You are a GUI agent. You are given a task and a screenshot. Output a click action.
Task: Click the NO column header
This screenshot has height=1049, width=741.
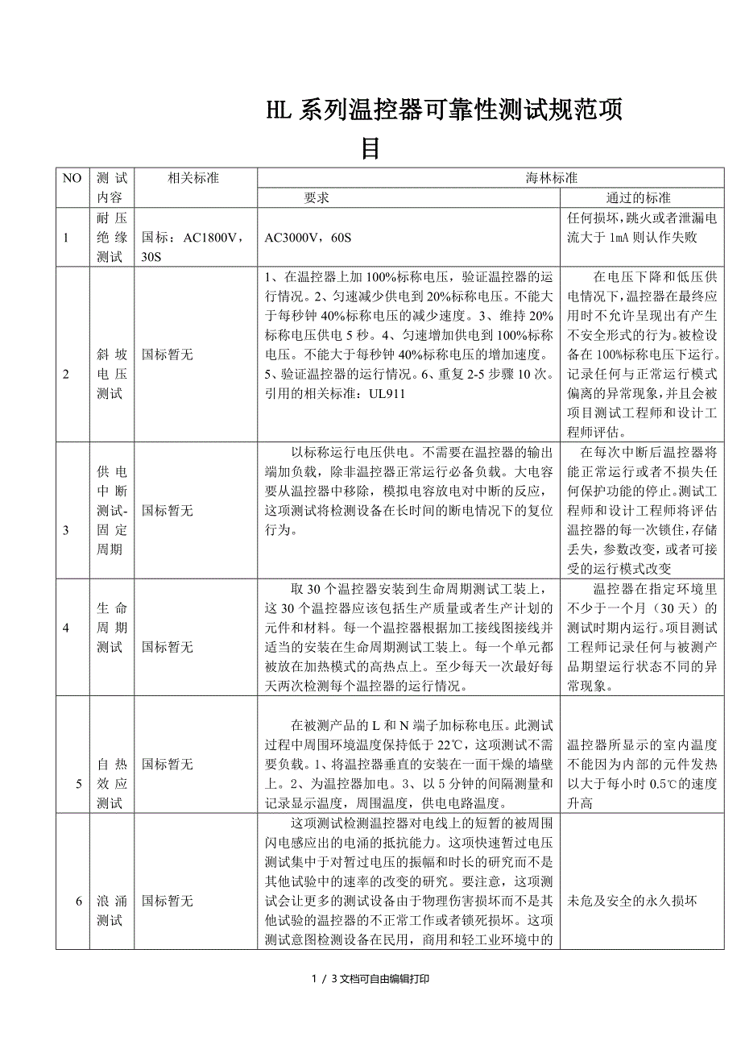pos(72,178)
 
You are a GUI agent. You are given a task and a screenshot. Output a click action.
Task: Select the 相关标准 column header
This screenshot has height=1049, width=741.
pos(193,178)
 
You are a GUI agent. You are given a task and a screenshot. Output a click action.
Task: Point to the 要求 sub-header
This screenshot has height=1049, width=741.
pos(317,197)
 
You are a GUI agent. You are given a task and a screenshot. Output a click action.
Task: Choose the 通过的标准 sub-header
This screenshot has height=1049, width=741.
pos(638,197)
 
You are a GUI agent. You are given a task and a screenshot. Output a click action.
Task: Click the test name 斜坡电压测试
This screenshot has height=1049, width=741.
pos(111,374)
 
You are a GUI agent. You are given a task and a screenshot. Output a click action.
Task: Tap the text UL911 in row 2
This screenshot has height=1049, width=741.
pos(386,394)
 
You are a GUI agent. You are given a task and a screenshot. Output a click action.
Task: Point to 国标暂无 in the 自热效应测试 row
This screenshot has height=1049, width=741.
pos(168,764)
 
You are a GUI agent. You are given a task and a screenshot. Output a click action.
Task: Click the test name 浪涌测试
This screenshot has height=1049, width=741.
pos(111,910)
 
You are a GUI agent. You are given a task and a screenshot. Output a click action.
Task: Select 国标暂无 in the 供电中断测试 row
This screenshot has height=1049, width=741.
pos(168,511)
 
